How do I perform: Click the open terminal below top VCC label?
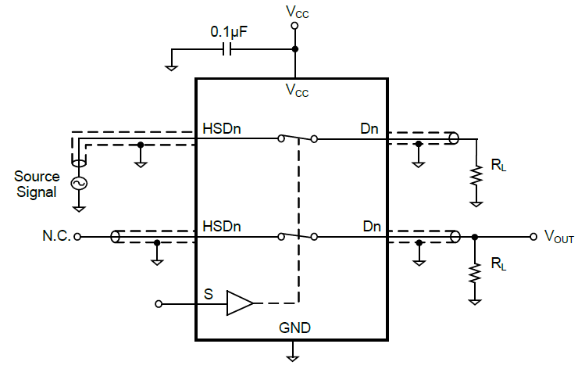tap(294, 26)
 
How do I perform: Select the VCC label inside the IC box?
tap(296, 91)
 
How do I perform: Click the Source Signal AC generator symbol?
tap(79, 183)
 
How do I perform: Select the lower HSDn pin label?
tap(222, 226)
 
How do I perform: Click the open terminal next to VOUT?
tap(534, 235)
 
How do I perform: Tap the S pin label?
tap(208, 294)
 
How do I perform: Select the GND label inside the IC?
tap(294, 328)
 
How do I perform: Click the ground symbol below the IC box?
tap(294, 356)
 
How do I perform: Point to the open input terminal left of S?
tap(159, 303)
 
